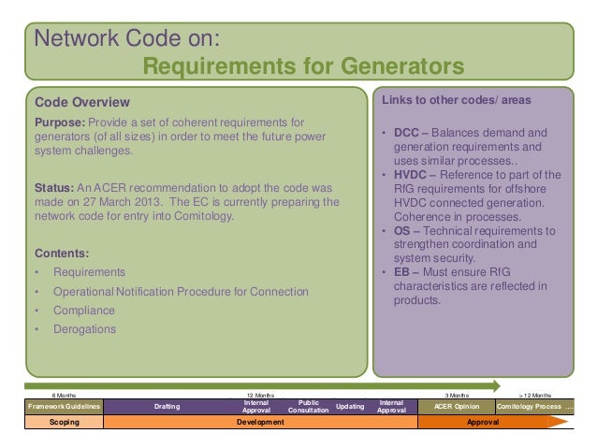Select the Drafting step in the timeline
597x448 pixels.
(x=169, y=407)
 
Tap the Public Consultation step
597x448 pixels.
(x=308, y=406)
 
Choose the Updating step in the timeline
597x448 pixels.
(x=350, y=407)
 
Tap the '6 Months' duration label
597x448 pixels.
(x=64, y=395)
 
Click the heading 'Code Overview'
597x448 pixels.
(x=82, y=101)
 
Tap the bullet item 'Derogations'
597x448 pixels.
(x=85, y=329)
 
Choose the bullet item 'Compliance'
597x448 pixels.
(x=84, y=311)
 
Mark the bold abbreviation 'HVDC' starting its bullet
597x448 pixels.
(x=411, y=175)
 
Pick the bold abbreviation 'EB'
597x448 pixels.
(x=403, y=272)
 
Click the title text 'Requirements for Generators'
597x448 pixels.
(x=302, y=67)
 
